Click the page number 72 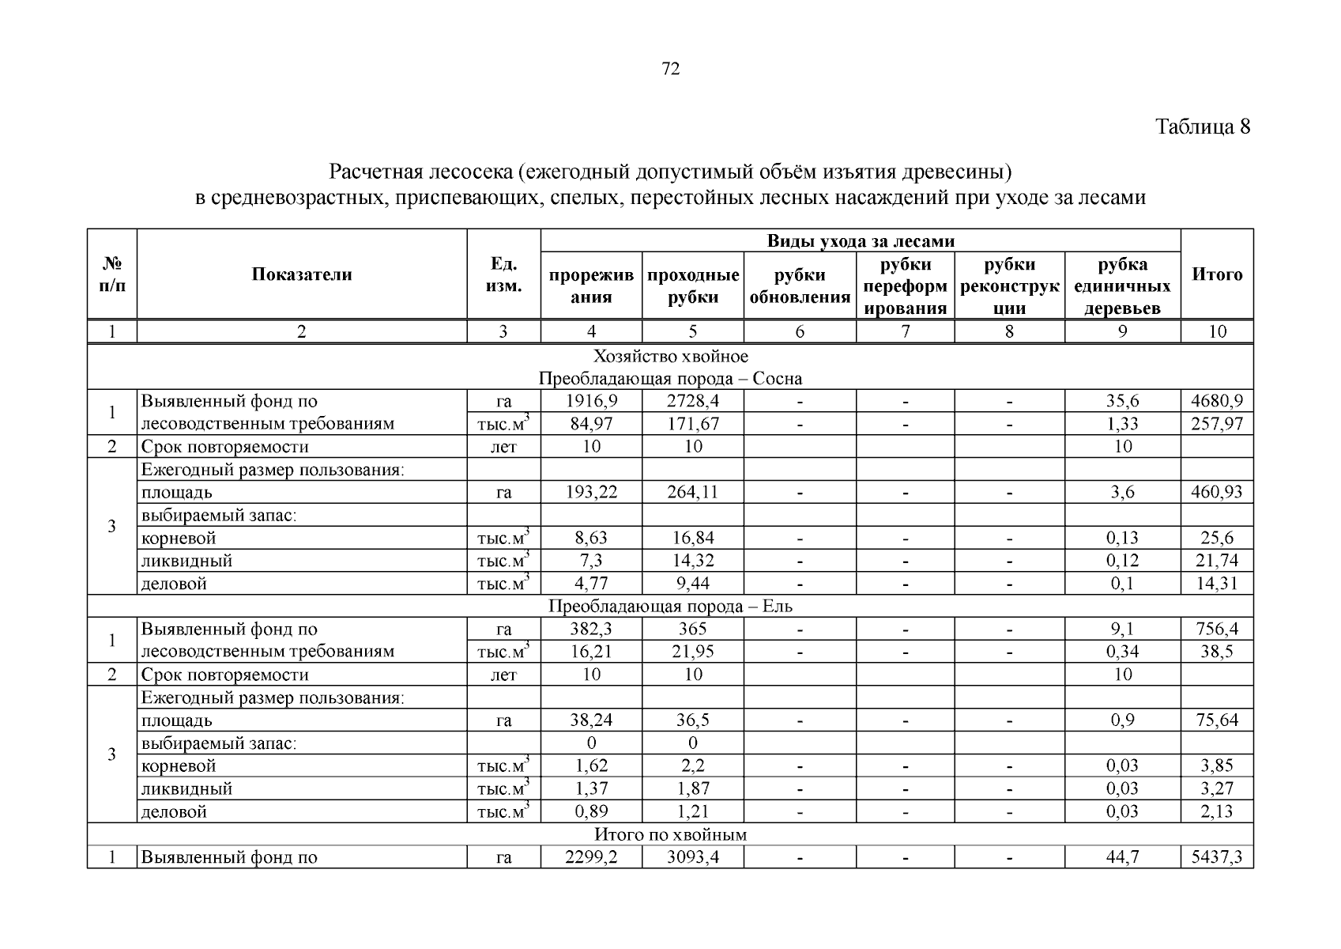click(670, 70)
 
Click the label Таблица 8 click(1203, 127)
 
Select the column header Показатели click(302, 274)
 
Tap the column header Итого click(1217, 274)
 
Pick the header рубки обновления click(800, 285)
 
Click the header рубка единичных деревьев click(1122, 285)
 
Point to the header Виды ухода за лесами click(861, 241)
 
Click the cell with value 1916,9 click(591, 401)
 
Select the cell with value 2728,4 click(693, 401)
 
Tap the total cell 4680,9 click(1217, 401)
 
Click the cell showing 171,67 click(693, 424)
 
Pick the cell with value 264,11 click(693, 492)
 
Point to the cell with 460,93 click(1217, 492)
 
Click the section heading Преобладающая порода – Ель click(670, 607)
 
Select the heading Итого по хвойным click(670, 834)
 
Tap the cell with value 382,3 click(591, 630)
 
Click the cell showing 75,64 click(1217, 720)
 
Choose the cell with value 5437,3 click(1217, 857)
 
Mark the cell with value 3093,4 click(693, 857)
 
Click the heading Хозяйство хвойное click(670, 356)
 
